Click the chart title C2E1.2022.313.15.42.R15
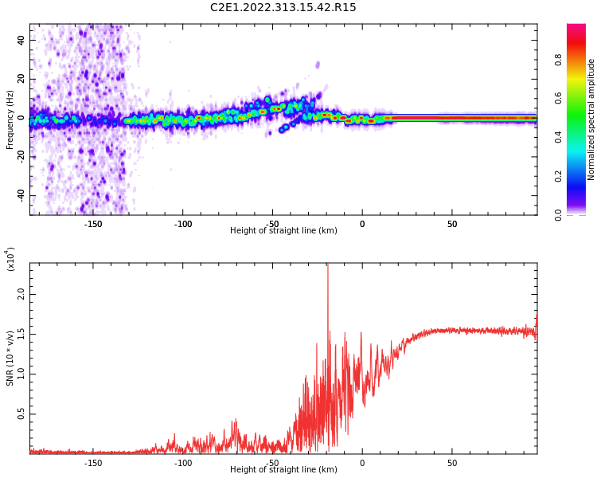click(x=283, y=8)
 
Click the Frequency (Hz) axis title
click(x=10, y=119)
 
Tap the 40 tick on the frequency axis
click(x=21, y=40)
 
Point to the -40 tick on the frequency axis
click(x=19, y=195)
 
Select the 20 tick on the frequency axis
click(x=21, y=79)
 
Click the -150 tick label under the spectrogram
click(x=93, y=224)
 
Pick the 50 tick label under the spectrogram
click(x=451, y=224)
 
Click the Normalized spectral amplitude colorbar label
click(x=591, y=119)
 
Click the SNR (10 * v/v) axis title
click(x=10, y=358)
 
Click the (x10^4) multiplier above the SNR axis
click(x=11, y=260)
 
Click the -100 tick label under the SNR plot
click(x=183, y=463)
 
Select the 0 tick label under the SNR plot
click(x=362, y=463)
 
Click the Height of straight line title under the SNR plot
click(x=283, y=470)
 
